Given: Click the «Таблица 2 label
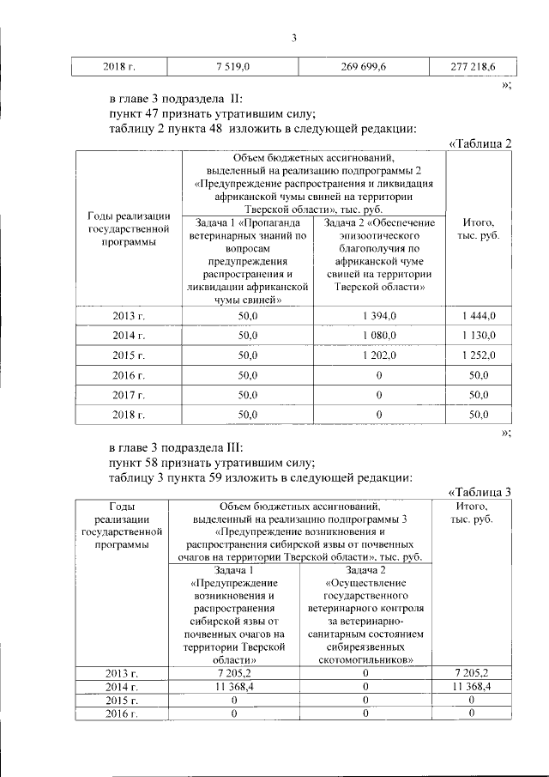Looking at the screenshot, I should click(x=480, y=143).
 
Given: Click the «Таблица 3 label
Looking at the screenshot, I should click(x=480, y=491).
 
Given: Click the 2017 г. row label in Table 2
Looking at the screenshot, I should click(x=128, y=395).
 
